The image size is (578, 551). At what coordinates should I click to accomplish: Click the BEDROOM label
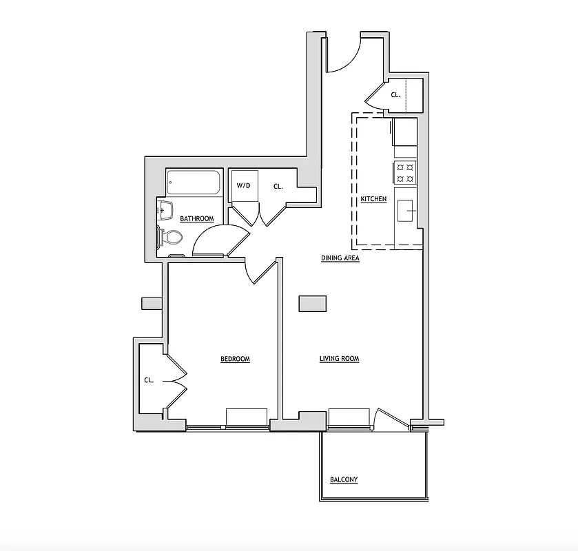click(235, 359)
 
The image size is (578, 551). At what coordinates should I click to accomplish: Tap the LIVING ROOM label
click(339, 359)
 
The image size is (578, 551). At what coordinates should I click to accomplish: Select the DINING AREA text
click(340, 259)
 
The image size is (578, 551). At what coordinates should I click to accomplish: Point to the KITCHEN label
click(373, 200)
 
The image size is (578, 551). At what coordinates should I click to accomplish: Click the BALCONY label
click(344, 480)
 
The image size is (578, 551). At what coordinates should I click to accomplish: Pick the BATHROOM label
click(196, 219)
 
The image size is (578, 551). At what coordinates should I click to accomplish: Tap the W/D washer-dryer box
click(243, 186)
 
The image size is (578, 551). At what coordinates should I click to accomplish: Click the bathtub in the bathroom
click(194, 183)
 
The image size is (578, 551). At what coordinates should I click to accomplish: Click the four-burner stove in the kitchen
click(405, 172)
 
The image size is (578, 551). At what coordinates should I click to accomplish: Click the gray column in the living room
click(313, 304)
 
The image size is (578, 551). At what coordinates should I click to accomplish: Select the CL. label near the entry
click(395, 96)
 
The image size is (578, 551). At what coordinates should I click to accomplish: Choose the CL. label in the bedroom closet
click(149, 380)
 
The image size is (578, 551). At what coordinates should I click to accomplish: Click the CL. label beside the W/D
click(278, 186)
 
